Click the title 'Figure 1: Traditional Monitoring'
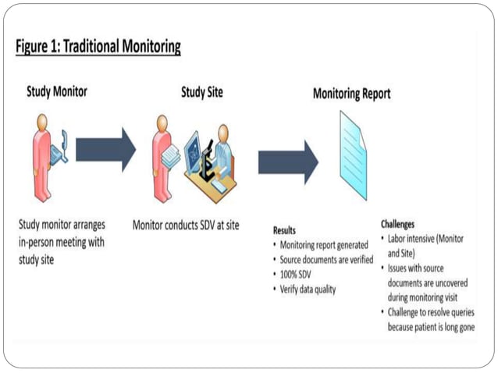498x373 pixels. click(98, 47)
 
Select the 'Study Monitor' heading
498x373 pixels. click(57, 92)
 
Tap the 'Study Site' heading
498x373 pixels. click(201, 92)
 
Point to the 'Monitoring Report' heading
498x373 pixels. click(351, 94)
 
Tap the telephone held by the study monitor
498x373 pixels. click(61, 148)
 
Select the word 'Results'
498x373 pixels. click(284, 230)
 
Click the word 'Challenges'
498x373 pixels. click(397, 224)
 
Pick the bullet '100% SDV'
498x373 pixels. click(296, 275)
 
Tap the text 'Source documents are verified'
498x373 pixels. click(326, 260)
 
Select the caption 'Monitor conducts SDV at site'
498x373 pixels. click(186, 226)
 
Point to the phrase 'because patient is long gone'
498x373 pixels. click(431, 327)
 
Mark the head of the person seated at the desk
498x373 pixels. click(222, 133)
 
